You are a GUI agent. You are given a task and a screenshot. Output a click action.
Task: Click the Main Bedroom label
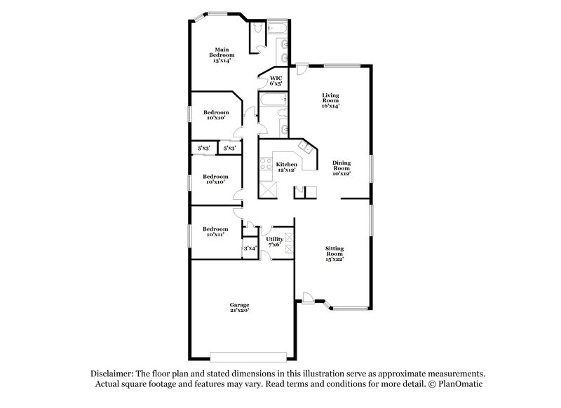point(222,55)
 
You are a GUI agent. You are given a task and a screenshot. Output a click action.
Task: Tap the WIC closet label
point(276,81)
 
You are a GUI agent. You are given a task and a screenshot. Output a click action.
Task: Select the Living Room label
point(330,100)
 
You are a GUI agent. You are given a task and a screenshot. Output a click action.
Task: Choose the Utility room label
point(274,241)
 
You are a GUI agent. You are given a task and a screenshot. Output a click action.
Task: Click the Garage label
point(239,306)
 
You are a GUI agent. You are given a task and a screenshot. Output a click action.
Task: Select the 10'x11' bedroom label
point(215,232)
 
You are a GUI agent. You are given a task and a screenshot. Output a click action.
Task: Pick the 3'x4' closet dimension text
point(249,248)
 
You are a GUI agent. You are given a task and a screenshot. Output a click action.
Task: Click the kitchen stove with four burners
point(266,165)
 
